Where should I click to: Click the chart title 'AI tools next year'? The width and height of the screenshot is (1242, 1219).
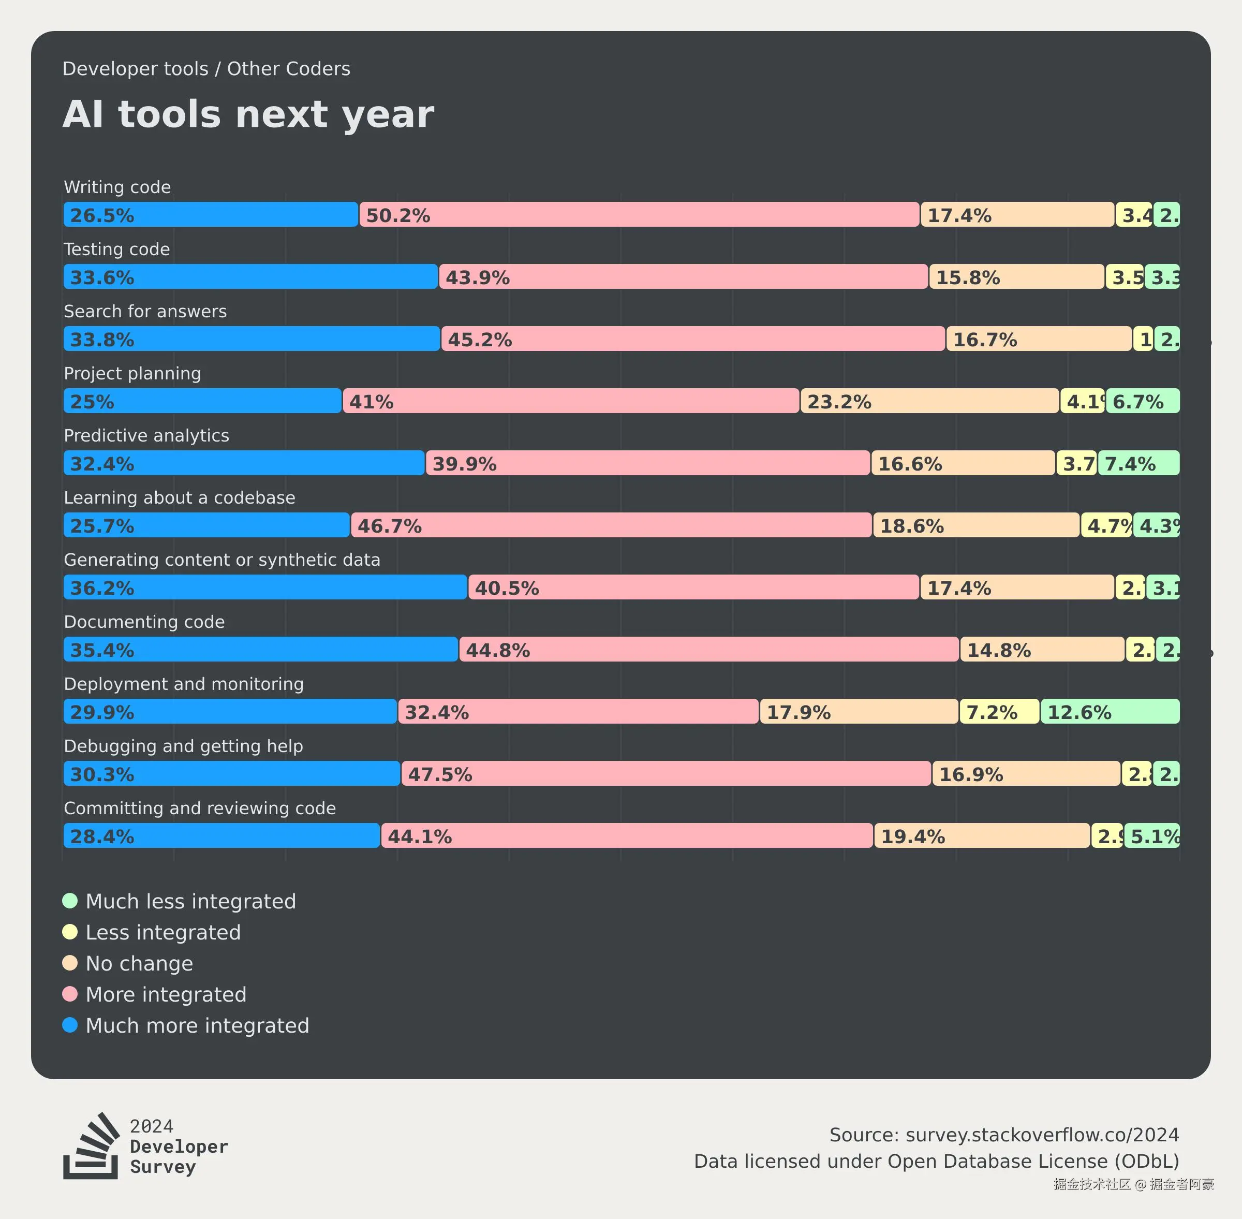[248, 114]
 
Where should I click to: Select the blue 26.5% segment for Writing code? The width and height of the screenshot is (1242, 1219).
[211, 214]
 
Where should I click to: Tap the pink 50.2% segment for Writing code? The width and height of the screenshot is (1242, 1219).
[639, 214]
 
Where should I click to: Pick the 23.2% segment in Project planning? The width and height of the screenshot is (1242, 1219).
[929, 401]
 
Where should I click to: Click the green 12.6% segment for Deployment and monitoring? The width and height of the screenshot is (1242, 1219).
[1110, 711]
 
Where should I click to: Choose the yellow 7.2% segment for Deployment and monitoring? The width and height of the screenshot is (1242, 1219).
[999, 711]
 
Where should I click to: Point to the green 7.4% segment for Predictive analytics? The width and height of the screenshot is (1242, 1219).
[1138, 463]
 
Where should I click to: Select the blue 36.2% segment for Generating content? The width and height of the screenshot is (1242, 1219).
[265, 587]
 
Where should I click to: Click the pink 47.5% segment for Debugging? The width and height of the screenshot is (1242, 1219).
[666, 773]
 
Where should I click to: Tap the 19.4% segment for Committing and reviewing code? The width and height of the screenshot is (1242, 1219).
[981, 835]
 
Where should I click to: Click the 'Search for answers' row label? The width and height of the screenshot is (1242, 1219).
[145, 311]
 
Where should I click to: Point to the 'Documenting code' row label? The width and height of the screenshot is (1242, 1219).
[144, 622]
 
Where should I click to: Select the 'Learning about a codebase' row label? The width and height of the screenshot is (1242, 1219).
[179, 497]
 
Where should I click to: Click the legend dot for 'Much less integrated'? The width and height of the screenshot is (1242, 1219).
[70, 901]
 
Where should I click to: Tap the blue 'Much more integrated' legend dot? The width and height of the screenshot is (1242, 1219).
[70, 1025]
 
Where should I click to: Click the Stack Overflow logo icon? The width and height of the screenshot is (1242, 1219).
[91, 1145]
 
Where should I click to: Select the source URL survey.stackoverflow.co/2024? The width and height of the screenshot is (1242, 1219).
[1042, 1135]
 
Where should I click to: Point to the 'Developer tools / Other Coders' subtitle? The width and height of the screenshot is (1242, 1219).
[206, 68]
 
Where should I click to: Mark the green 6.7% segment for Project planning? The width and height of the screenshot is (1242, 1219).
[1142, 401]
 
